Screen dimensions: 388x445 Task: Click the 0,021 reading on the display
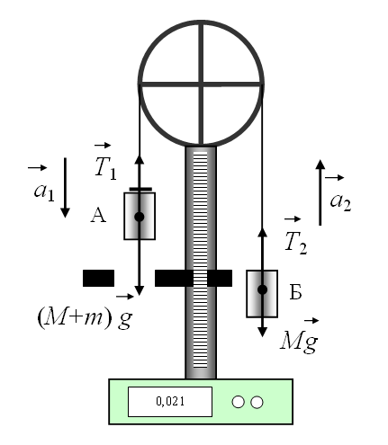point(170,401)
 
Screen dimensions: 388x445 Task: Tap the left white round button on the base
point(238,402)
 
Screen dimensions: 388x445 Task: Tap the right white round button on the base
point(257,402)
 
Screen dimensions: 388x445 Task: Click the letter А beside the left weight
point(98,216)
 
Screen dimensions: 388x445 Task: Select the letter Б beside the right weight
point(295,292)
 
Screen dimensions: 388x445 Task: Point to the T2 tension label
point(295,236)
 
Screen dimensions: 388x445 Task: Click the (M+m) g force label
point(85,313)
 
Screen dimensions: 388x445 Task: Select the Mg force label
point(299,336)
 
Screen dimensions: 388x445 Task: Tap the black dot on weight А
point(140,217)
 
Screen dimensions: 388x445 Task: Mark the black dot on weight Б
point(263,289)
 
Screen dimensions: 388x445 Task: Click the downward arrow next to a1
point(65,188)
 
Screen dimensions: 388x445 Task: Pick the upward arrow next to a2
point(320,192)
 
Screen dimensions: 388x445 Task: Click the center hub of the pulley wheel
point(201,85)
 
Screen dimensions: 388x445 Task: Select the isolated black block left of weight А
point(98,278)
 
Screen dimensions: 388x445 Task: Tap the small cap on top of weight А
point(140,189)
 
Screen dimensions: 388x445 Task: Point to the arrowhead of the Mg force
point(263,332)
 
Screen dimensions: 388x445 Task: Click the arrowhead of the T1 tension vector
point(140,159)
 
